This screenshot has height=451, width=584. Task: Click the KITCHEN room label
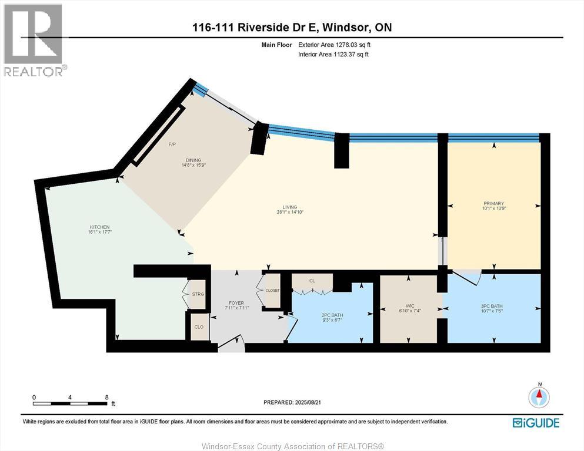[x=100, y=227]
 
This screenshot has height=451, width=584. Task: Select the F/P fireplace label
[x=172, y=144]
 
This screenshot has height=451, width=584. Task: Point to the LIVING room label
[x=289, y=207]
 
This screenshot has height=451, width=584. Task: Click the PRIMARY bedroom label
[x=494, y=204]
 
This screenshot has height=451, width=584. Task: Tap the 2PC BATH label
[x=332, y=315]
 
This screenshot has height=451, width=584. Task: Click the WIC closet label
[x=410, y=306]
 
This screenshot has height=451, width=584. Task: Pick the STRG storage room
[x=198, y=295]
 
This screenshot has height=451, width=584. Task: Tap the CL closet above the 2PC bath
[x=312, y=281]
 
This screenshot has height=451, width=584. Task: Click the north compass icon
[x=539, y=397]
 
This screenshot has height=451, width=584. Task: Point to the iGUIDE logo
[x=535, y=422]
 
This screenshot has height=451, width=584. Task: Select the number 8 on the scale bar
[x=106, y=397]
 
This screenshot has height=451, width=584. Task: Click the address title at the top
[x=292, y=28]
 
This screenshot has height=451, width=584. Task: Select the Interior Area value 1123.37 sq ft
[x=345, y=55]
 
